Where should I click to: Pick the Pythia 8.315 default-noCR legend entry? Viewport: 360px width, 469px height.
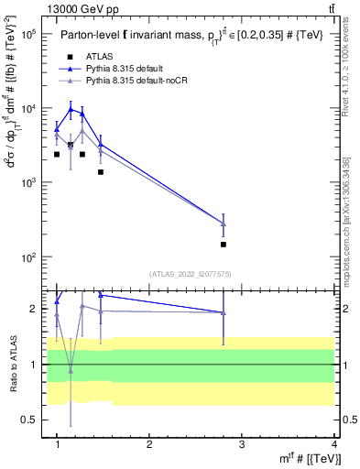click(138, 82)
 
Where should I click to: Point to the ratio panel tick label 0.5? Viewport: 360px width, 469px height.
click(27, 420)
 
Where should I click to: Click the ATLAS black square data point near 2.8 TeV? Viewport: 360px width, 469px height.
click(224, 245)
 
